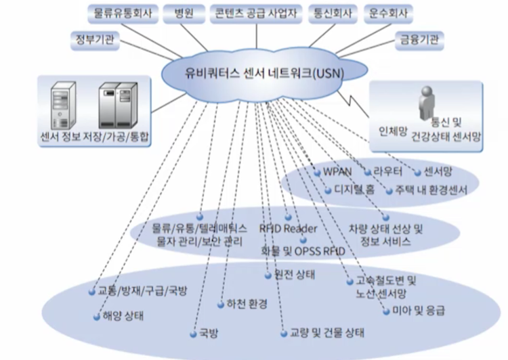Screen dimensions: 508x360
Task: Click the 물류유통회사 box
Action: click(123, 12)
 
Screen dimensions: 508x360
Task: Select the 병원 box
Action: click(183, 12)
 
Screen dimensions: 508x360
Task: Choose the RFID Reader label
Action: click(288, 228)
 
